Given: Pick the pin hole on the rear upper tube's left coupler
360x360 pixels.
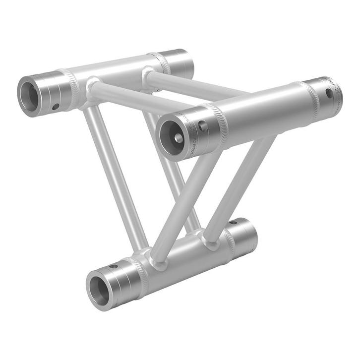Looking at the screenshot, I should pyautogui.click(x=56, y=106).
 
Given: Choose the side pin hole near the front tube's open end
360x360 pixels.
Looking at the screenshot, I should pyautogui.click(x=202, y=126).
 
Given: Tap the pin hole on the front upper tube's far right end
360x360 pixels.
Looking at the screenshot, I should pyautogui.click(x=329, y=93).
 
